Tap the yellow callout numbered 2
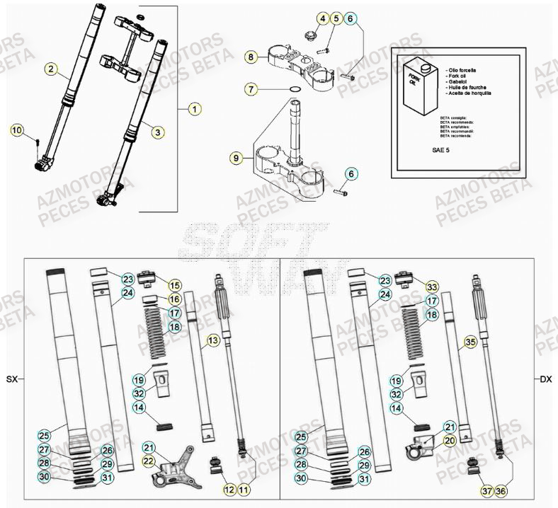pyautogui.click(x=51, y=69)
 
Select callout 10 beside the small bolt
pyautogui.click(x=18, y=130)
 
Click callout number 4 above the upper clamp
pyautogui.click(x=323, y=19)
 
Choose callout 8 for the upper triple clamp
pyautogui.click(x=251, y=56)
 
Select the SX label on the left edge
pyautogui.click(x=11, y=380)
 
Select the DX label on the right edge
pyautogui.click(x=545, y=380)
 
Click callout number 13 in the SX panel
pyautogui.click(x=211, y=342)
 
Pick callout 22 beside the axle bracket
pyautogui.click(x=149, y=461)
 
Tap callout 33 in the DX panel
pyautogui.click(x=431, y=287)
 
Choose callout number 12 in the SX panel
pyautogui.click(x=229, y=490)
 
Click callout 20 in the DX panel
pyautogui.click(x=450, y=441)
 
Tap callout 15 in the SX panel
pyautogui.click(x=174, y=285)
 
